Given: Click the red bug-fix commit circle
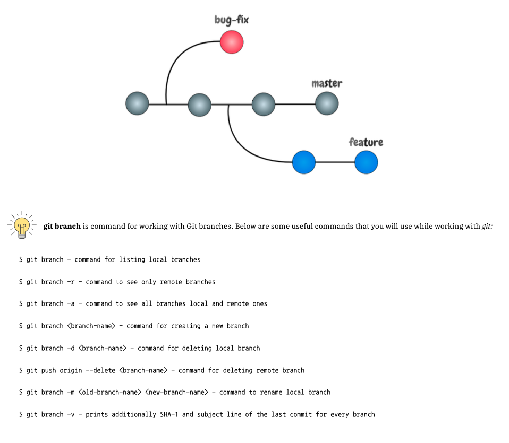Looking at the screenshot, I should point(232,42).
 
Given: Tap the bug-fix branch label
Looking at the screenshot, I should point(231,20).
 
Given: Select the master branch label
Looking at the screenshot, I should point(327,83).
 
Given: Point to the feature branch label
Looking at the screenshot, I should point(366,142).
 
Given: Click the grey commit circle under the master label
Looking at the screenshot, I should point(327,104).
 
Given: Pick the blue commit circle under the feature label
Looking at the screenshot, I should point(366,162).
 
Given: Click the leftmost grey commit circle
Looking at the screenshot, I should point(137,104).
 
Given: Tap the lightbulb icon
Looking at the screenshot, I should point(21,225).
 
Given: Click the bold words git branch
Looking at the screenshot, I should point(62,227).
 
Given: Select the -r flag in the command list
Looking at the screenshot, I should point(71,282).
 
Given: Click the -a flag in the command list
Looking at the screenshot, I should point(71,303).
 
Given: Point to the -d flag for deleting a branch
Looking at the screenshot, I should point(71,348).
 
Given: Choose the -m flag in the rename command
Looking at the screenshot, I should point(71,392).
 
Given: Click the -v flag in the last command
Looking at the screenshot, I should point(71,414).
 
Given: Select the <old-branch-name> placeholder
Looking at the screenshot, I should point(109,392).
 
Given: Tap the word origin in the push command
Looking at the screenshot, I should point(71,370).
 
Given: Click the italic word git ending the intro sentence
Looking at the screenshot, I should point(487,227).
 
